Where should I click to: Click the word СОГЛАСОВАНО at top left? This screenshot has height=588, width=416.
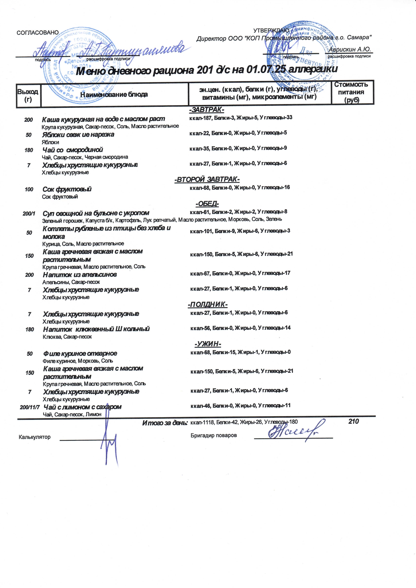[x=37, y=33]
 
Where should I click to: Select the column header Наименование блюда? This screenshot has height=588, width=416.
[x=114, y=95]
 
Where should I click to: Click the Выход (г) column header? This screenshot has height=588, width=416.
[x=28, y=95]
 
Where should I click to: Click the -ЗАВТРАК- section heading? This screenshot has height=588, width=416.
[x=207, y=110]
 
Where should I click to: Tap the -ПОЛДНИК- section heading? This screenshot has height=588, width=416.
[x=208, y=304]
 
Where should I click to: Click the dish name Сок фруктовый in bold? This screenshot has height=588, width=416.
[x=67, y=189]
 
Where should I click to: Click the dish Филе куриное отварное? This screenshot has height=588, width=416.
[x=80, y=353]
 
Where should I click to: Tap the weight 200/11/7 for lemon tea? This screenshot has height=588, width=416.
[x=30, y=407]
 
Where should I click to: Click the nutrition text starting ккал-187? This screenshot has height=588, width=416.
[x=240, y=118]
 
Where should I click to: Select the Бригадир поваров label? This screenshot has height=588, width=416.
[x=213, y=435]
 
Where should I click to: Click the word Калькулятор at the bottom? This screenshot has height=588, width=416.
[x=35, y=437]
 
